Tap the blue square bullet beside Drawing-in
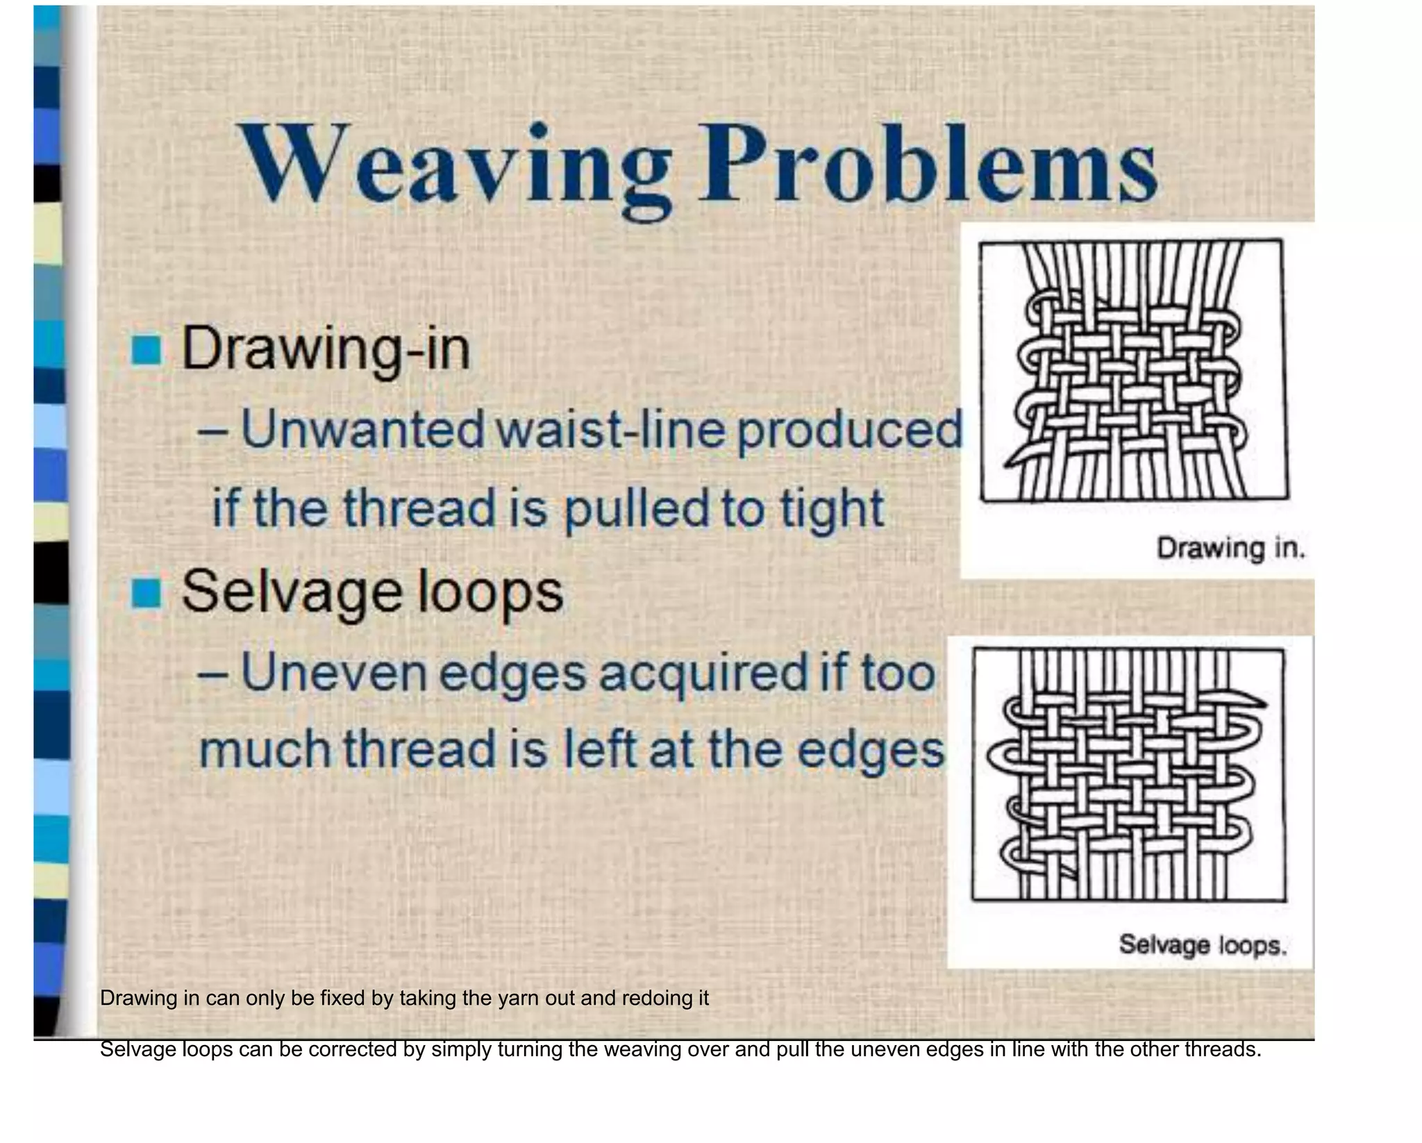[x=147, y=350]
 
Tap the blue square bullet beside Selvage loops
[x=147, y=593]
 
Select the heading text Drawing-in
[x=326, y=350]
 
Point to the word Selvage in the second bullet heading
[x=291, y=593]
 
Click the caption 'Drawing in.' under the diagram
[x=1230, y=549]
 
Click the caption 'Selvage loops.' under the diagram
[x=1203, y=945]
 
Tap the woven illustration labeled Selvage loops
[x=1128, y=774]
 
